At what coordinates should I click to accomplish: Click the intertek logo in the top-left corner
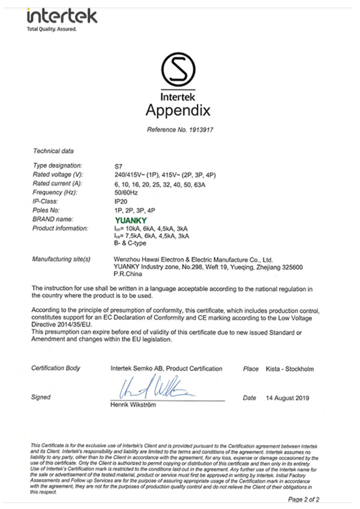(61, 15)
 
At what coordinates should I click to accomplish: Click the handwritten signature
(154, 390)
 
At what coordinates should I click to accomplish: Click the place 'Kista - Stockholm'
(289, 369)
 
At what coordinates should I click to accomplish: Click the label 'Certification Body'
(56, 369)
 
